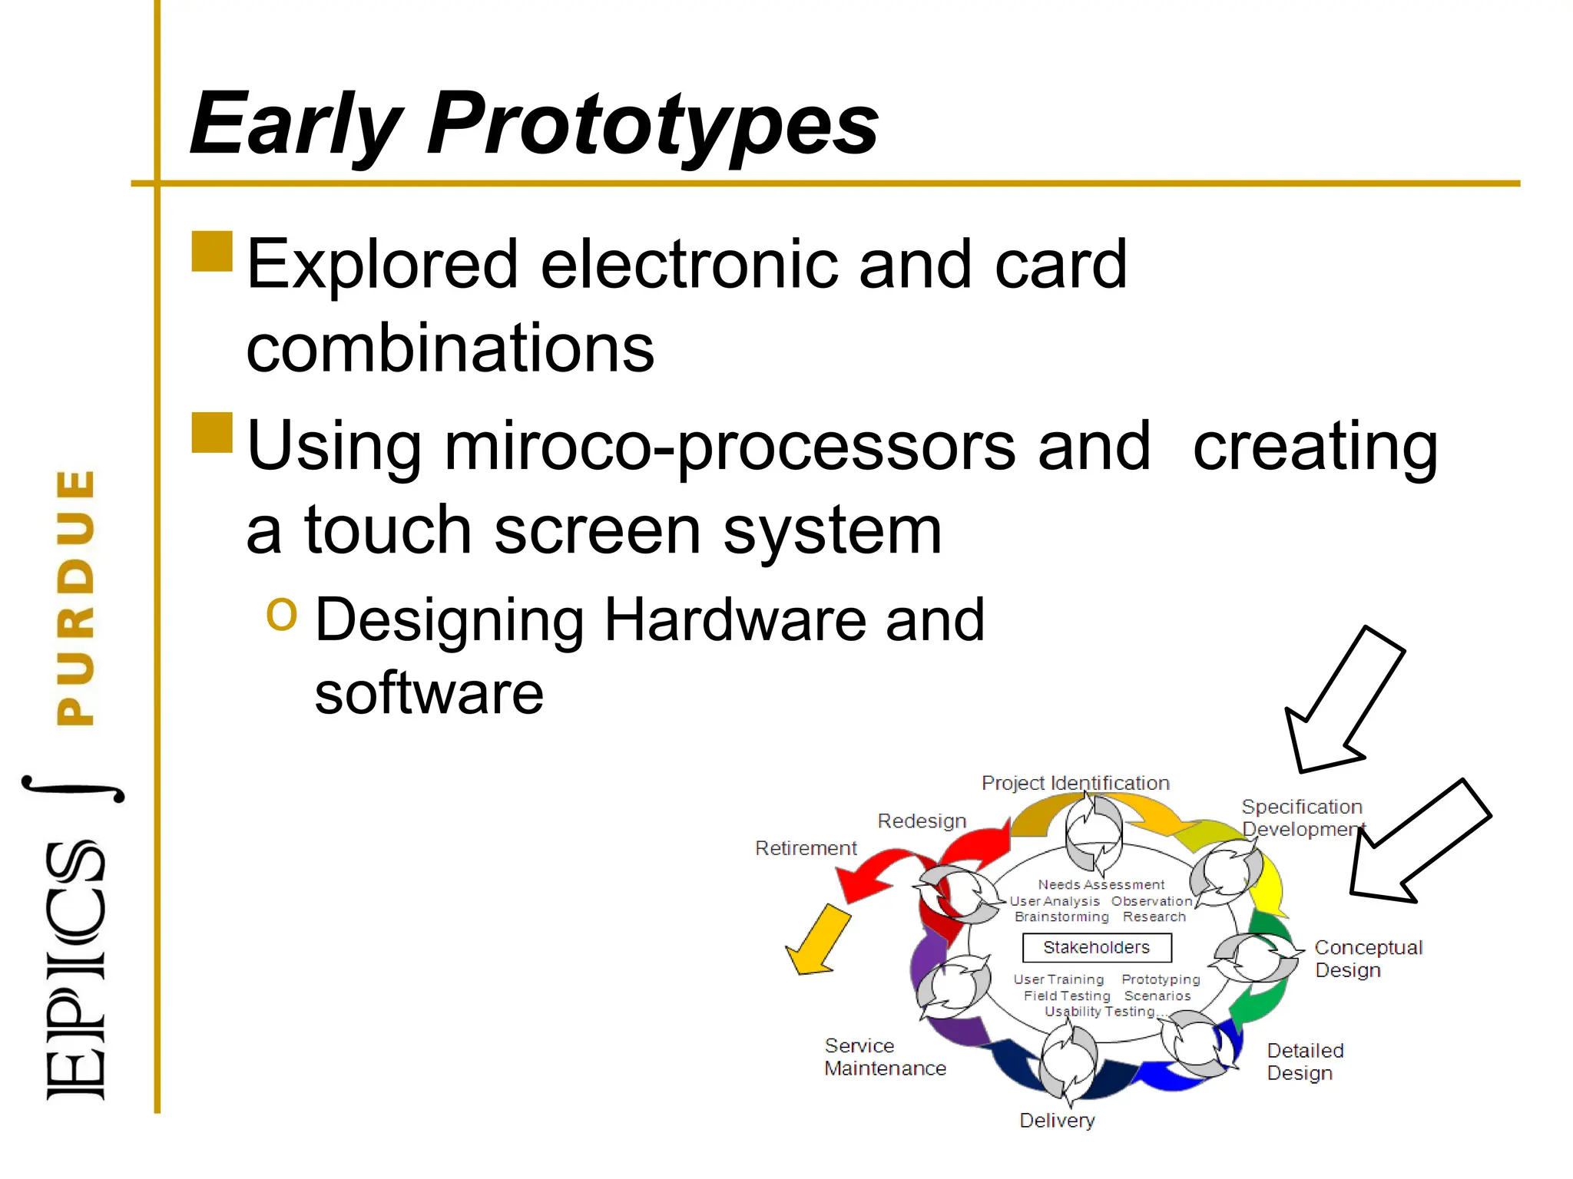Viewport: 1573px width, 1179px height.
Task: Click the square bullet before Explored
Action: click(x=212, y=252)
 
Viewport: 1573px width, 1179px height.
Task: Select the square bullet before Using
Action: click(x=212, y=433)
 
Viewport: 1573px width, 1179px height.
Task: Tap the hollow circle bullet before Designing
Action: click(x=281, y=614)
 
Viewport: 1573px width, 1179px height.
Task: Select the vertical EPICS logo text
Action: click(x=75, y=971)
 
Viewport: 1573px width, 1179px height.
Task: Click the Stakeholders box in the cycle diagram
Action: click(x=1096, y=947)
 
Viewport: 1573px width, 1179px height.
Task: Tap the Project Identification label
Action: click(x=1075, y=783)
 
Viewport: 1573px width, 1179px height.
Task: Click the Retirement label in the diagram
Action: click(x=806, y=848)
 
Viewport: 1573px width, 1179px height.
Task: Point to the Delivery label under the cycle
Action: click(x=1057, y=1121)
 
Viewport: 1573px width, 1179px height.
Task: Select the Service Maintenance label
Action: click(x=885, y=1057)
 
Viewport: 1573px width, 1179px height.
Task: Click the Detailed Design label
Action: click(x=1304, y=1062)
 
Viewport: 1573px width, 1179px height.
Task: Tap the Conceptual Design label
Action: click(x=1367, y=958)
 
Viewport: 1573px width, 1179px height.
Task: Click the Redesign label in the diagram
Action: click(x=922, y=821)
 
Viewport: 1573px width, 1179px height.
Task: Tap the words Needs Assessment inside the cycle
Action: click(x=1101, y=885)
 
